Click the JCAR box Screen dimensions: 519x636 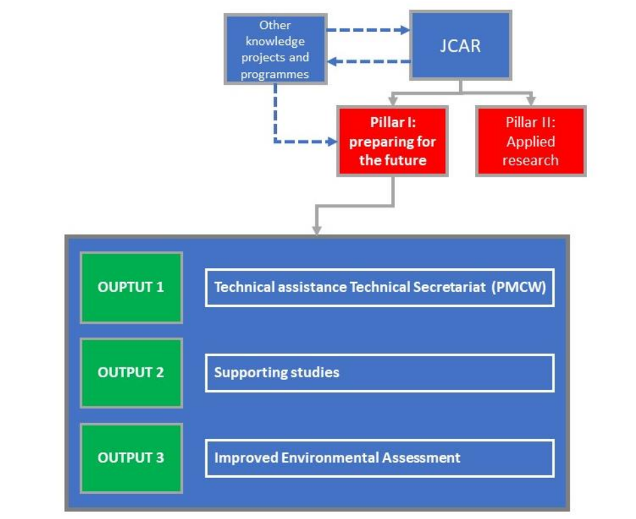tap(460, 46)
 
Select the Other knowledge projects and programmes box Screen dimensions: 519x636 tap(275, 50)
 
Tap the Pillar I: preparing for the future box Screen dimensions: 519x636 tap(392, 141)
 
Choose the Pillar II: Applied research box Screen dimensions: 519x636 tap(531, 141)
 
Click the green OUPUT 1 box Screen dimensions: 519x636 tap(131, 287)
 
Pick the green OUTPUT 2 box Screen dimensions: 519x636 tap(131, 372)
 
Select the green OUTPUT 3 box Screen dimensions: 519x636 tap(131, 457)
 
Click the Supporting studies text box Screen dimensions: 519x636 tap(379, 373)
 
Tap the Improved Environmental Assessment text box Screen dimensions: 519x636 tap(379, 457)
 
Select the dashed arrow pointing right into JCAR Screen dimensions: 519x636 tap(368, 30)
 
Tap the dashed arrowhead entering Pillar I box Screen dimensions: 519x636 tap(331, 141)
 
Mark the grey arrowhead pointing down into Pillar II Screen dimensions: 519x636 tap(530, 101)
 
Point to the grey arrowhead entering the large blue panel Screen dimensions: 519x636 tap(317, 229)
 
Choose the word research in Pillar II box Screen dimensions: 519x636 tap(531, 160)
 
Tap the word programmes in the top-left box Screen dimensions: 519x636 tap(275, 74)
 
